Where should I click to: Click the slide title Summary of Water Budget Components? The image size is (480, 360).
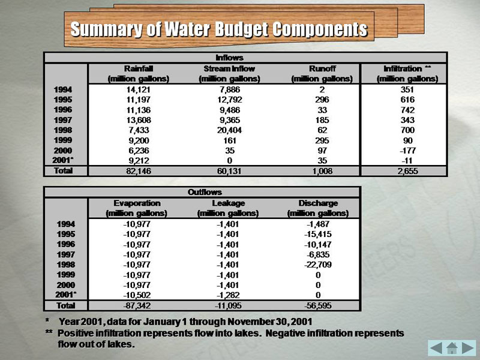218,29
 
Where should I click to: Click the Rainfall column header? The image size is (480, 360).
138,73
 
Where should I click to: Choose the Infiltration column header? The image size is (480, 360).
407,73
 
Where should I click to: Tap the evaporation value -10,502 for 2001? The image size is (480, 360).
136,295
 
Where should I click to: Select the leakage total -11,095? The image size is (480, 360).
227,305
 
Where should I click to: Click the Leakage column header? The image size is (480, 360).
227,208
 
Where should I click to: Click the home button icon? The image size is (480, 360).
451,347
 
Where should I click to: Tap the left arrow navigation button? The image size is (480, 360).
436,347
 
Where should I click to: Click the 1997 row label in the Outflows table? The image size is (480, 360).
64,254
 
